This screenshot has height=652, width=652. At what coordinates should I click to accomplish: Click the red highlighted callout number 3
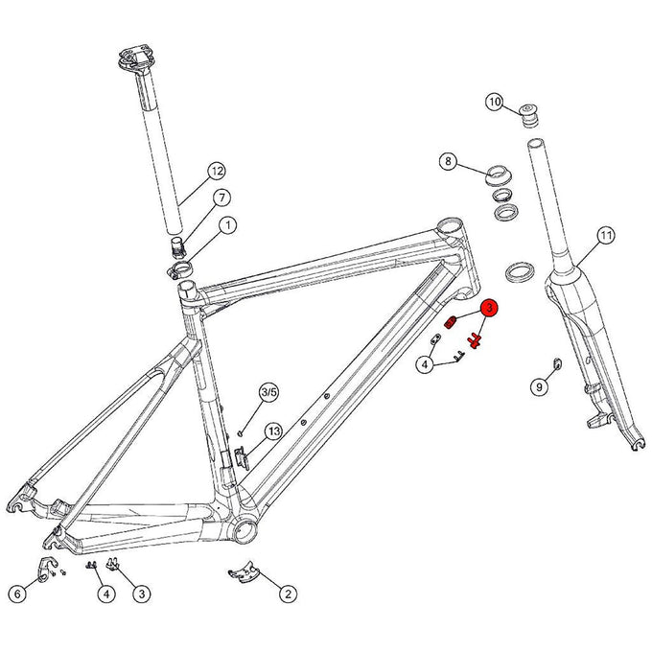coord(488,309)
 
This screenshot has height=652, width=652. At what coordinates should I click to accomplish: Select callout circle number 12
coord(216,172)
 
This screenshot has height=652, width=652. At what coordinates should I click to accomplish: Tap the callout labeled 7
coord(221,198)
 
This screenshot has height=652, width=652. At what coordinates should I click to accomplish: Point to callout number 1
coord(227,225)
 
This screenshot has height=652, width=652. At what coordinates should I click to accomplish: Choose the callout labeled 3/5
coord(268,392)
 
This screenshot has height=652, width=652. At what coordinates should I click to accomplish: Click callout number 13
coord(273,431)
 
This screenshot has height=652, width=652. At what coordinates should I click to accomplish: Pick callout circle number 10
coord(495,102)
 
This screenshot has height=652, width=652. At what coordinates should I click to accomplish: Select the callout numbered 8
coord(447,161)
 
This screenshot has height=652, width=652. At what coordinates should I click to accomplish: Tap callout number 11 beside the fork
coord(605,235)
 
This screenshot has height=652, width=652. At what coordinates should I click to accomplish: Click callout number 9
coord(539,385)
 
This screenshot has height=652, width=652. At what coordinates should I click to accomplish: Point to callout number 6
coord(17,594)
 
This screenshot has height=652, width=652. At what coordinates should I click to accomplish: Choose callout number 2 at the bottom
coord(286,594)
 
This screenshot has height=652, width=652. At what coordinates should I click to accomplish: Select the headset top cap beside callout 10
coord(527,114)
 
